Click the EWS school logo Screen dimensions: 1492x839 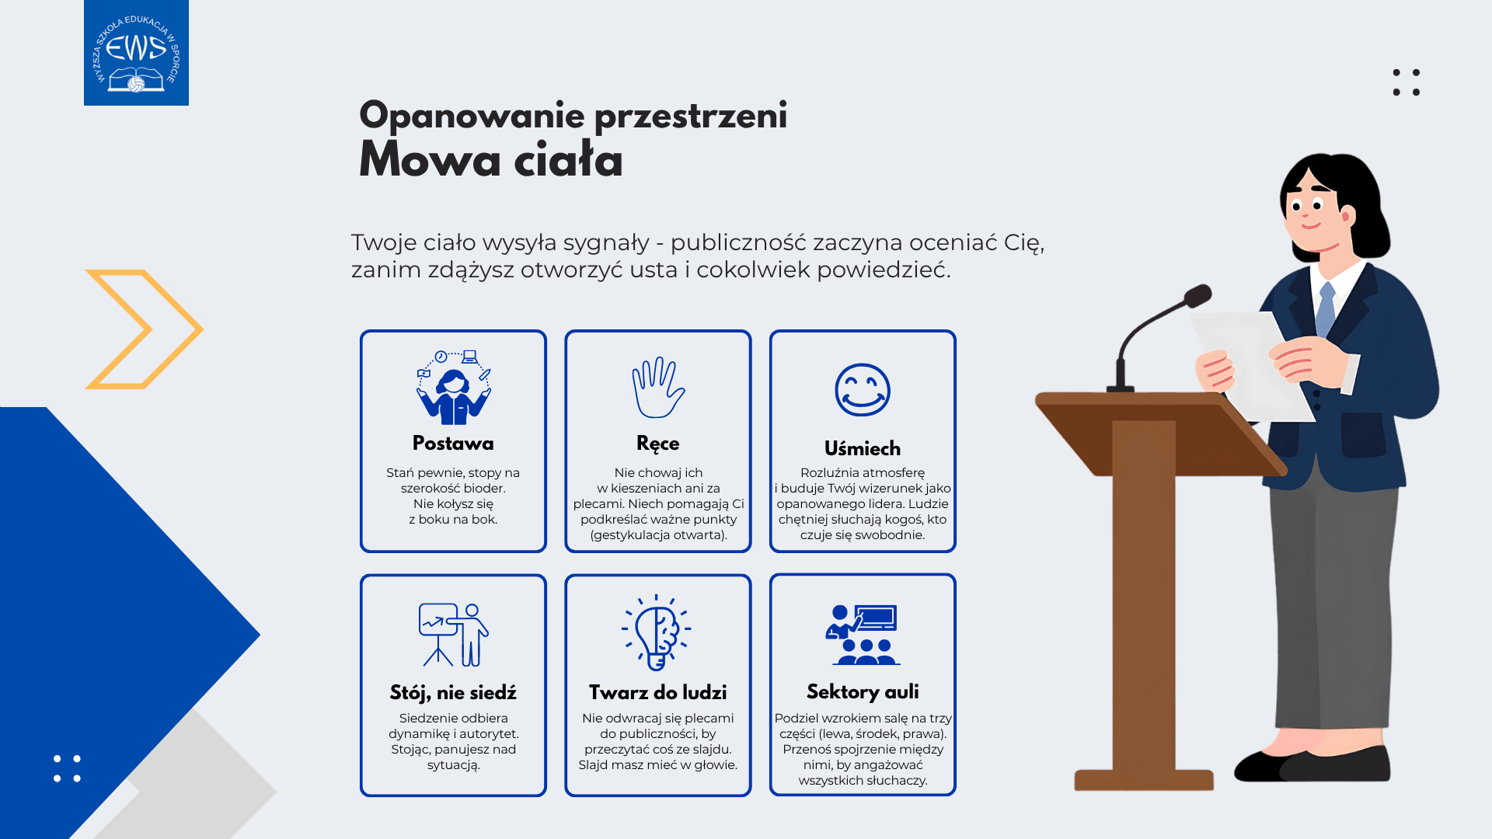point(136,53)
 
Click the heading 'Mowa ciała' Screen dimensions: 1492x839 point(490,161)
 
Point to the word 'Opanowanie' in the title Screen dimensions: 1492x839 point(472,117)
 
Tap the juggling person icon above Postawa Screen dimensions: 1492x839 point(454,387)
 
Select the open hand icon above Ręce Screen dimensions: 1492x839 point(658,388)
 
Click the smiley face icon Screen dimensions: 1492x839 point(863,390)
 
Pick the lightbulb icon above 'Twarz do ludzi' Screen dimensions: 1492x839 point(657,632)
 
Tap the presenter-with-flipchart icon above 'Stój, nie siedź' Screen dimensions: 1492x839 point(454,635)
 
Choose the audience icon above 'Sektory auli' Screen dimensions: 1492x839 point(863,635)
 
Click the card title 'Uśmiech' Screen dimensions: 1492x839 point(863,449)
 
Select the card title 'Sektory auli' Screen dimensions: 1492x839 point(863,692)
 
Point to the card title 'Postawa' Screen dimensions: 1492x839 point(453,444)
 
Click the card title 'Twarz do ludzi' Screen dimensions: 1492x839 point(658,692)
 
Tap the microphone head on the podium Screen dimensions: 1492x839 point(1198,295)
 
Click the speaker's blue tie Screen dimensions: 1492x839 point(1326,308)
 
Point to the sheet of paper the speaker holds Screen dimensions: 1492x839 point(1251,365)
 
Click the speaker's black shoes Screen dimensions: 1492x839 point(1312,764)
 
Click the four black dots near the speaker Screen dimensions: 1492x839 point(1407,82)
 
